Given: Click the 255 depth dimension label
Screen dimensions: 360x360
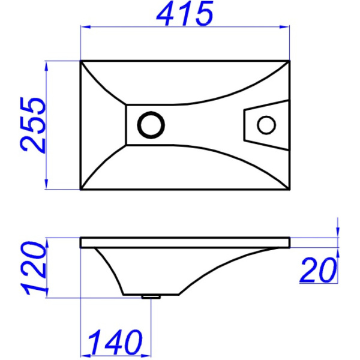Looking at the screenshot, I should coord(33,125).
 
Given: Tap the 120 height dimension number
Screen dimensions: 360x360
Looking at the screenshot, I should coord(35,268).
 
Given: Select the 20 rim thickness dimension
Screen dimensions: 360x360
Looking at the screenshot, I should coord(317,271).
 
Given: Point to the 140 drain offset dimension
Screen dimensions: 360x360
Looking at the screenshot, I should coord(115,343).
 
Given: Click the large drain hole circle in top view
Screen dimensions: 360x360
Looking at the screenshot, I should coord(151,125).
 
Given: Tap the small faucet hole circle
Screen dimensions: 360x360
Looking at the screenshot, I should coord(266,125).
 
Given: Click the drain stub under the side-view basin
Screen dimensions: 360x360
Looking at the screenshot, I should coord(151,296).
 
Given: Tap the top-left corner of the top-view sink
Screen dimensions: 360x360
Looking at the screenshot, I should coord(81,61).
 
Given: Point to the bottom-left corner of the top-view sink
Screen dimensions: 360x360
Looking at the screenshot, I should coord(81,190).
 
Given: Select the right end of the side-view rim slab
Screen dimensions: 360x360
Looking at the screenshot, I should coord(290,242).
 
